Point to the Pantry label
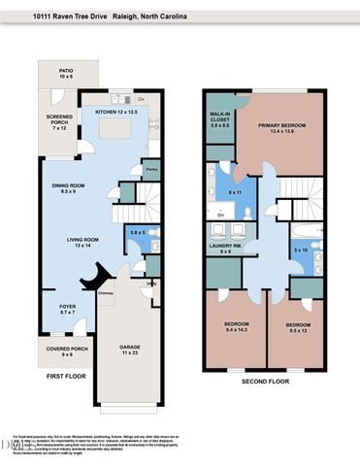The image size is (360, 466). coord(150,169)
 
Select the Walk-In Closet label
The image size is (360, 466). coord(219,119)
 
